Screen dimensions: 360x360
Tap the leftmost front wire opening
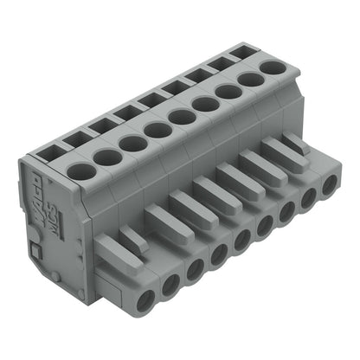coord(144,299)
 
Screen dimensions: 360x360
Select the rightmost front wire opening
coord(329,185)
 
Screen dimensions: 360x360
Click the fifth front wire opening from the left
coord(241,238)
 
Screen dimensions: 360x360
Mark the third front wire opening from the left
coord(195,267)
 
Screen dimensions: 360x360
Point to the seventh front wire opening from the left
coord(286,211)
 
